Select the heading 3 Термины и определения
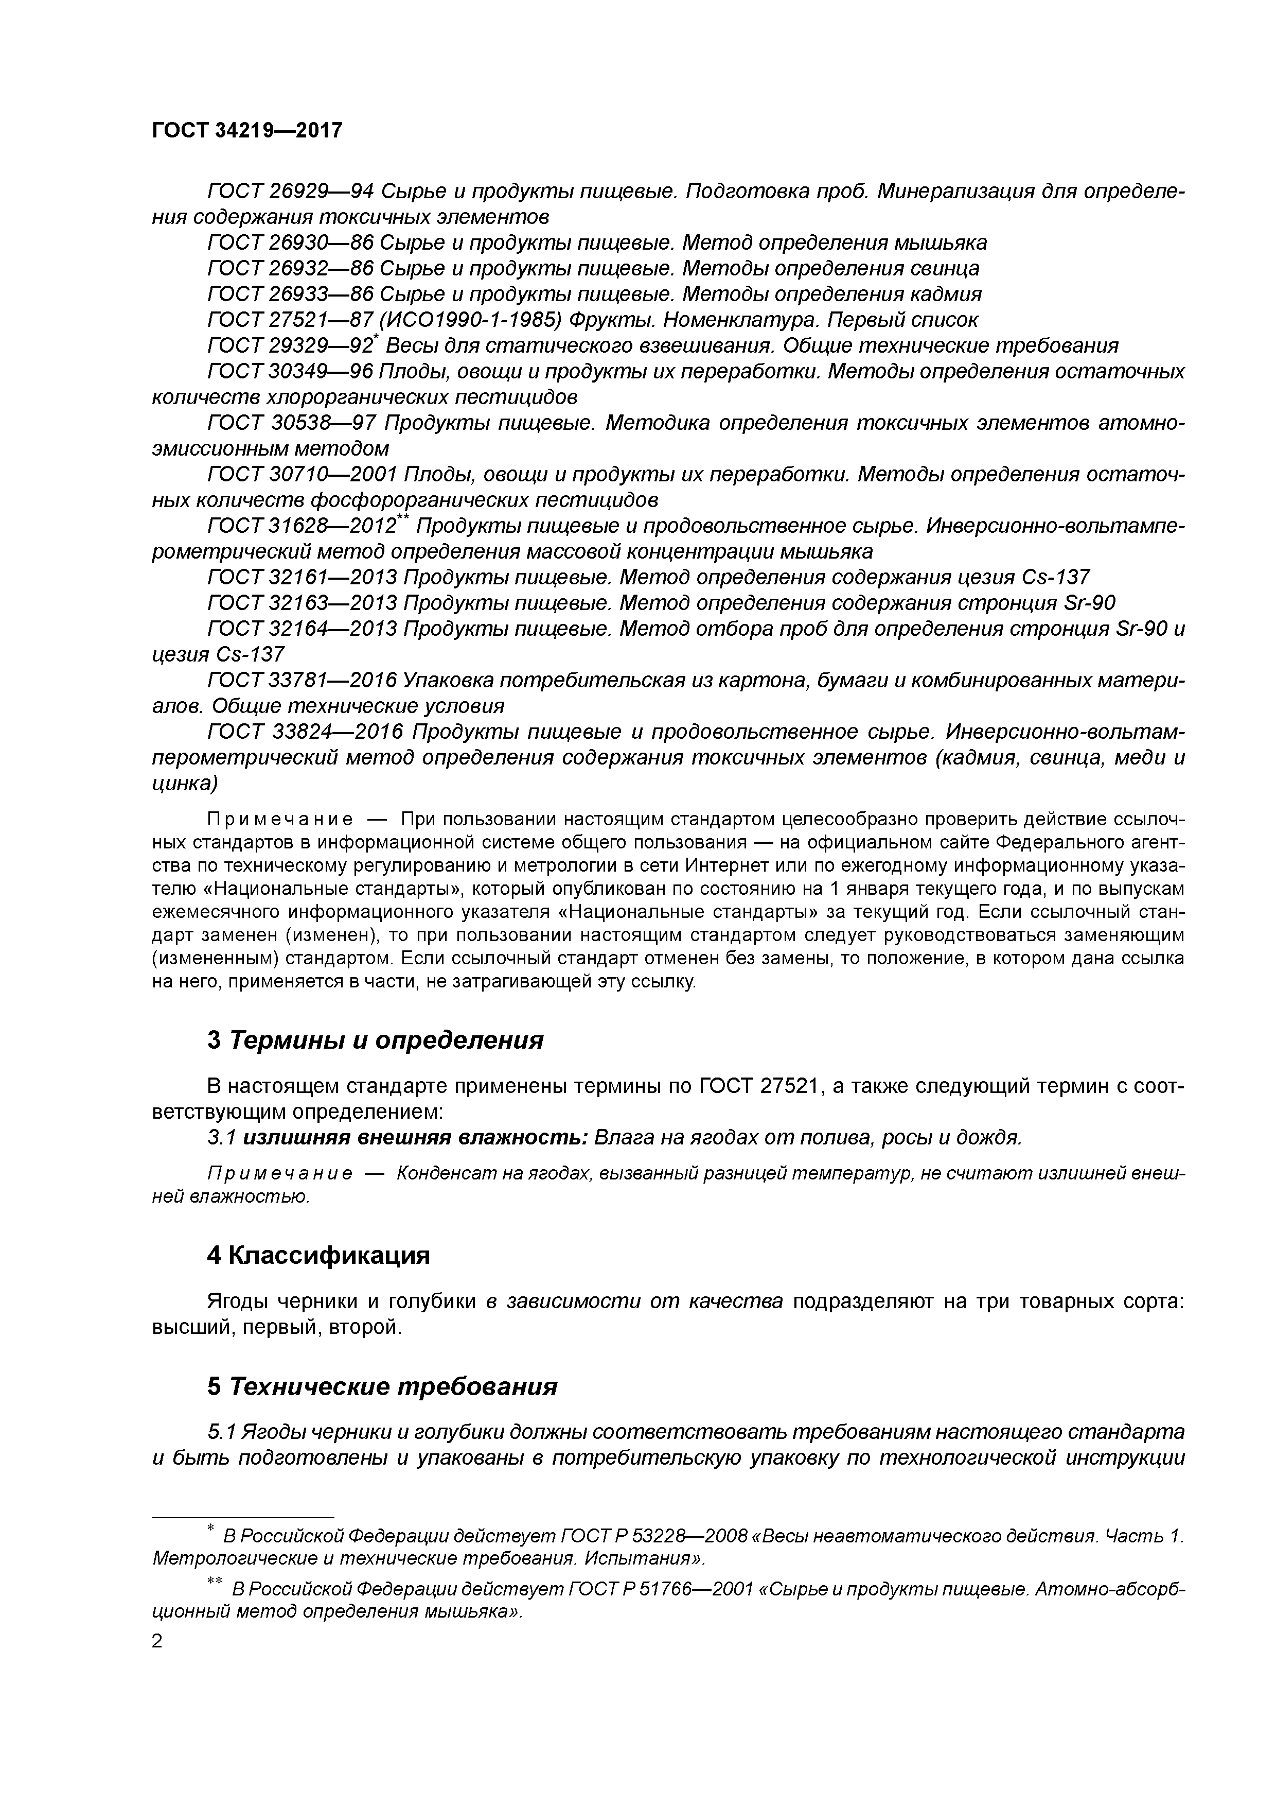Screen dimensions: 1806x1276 pyautogui.click(x=375, y=1040)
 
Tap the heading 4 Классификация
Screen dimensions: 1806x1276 pyautogui.click(x=318, y=1255)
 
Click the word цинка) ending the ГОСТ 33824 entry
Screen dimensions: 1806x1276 pyautogui.click(x=184, y=784)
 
